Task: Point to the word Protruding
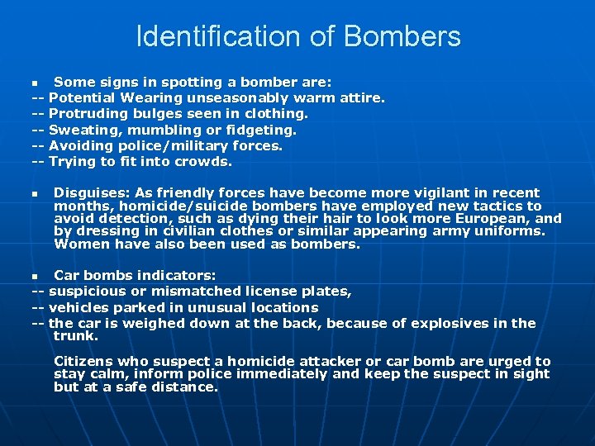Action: pyautogui.click(x=88, y=114)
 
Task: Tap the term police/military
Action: pyautogui.click(x=159, y=145)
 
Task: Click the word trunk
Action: pyautogui.click(x=74, y=336)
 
